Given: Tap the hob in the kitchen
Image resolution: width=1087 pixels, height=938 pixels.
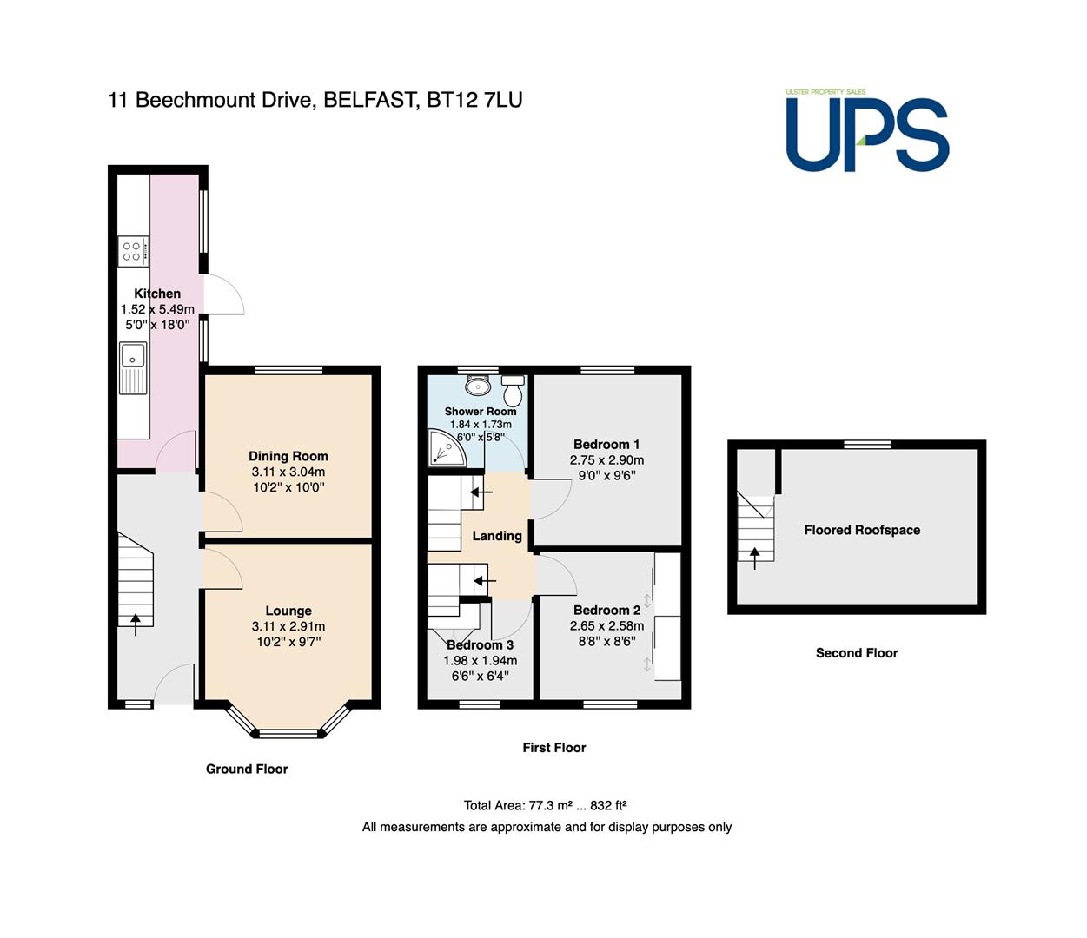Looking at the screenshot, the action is (x=133, y=251).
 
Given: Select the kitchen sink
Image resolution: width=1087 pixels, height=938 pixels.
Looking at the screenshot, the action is (x=133, y=368).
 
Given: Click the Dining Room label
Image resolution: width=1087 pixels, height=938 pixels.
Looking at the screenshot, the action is (x=288, y=456).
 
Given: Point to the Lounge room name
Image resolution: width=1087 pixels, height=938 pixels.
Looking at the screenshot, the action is (x=288, y=611).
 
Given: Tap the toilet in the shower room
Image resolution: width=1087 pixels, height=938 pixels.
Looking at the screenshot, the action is (x=513, y=388).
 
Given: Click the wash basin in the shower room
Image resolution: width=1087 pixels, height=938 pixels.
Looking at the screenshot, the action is (x=478, y=386).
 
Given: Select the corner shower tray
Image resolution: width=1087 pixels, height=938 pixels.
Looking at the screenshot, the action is (x=447, y=448).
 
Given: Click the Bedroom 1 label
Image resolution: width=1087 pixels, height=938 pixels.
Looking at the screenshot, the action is (x=606, y=445).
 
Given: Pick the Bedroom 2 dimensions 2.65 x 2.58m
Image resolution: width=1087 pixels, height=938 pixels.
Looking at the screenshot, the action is (x=606, y=625).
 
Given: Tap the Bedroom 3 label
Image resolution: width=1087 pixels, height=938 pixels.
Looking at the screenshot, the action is (x=481, y=645).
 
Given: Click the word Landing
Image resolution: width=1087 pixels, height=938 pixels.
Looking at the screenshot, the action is (x=497, y=536).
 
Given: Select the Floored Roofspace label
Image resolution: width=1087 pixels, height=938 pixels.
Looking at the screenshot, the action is (x=862, y=530).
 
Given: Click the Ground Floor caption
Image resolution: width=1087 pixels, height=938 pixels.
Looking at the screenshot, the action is (x=247, y=770).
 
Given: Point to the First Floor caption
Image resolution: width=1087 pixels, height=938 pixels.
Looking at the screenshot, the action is (x=553, y=748).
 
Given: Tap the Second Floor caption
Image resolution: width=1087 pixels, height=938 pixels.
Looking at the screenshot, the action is (x=857, y=653).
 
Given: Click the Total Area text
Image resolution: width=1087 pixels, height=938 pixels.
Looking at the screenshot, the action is (x=546, y=805).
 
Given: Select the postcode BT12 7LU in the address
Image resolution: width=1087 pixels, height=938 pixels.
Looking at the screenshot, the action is (x=474, y=100).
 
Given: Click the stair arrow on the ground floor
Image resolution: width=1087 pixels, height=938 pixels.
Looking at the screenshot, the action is (x=136, y=624).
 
